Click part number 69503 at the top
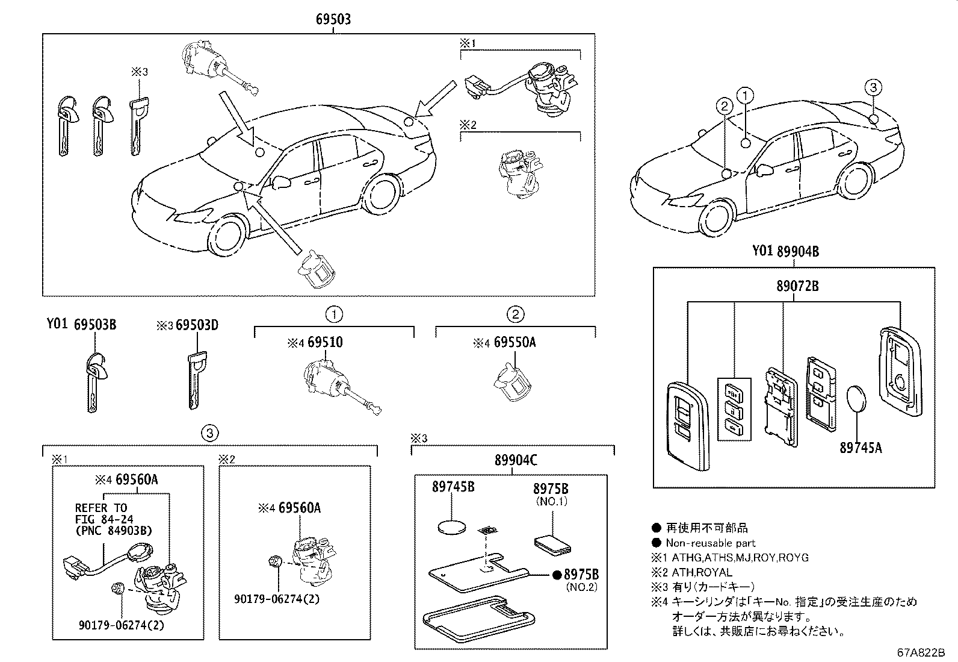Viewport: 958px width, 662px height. tap(333, 19)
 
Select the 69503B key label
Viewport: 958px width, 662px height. tap(94, 325)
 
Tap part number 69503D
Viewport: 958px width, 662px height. tap(196, 326)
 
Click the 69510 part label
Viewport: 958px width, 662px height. tap(325, 343)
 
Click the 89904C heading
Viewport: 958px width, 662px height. tap(515, 461)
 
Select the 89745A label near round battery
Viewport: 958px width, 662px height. tap(861, 448)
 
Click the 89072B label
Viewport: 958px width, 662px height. tap(797, 287)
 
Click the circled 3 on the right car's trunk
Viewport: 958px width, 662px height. tap(873, 87)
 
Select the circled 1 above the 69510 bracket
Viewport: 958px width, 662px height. tap(334, 313)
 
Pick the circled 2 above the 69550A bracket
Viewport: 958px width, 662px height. tap(515, 313)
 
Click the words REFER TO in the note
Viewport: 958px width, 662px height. tap(101, 508)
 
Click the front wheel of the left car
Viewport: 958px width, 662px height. tap(229, 237)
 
